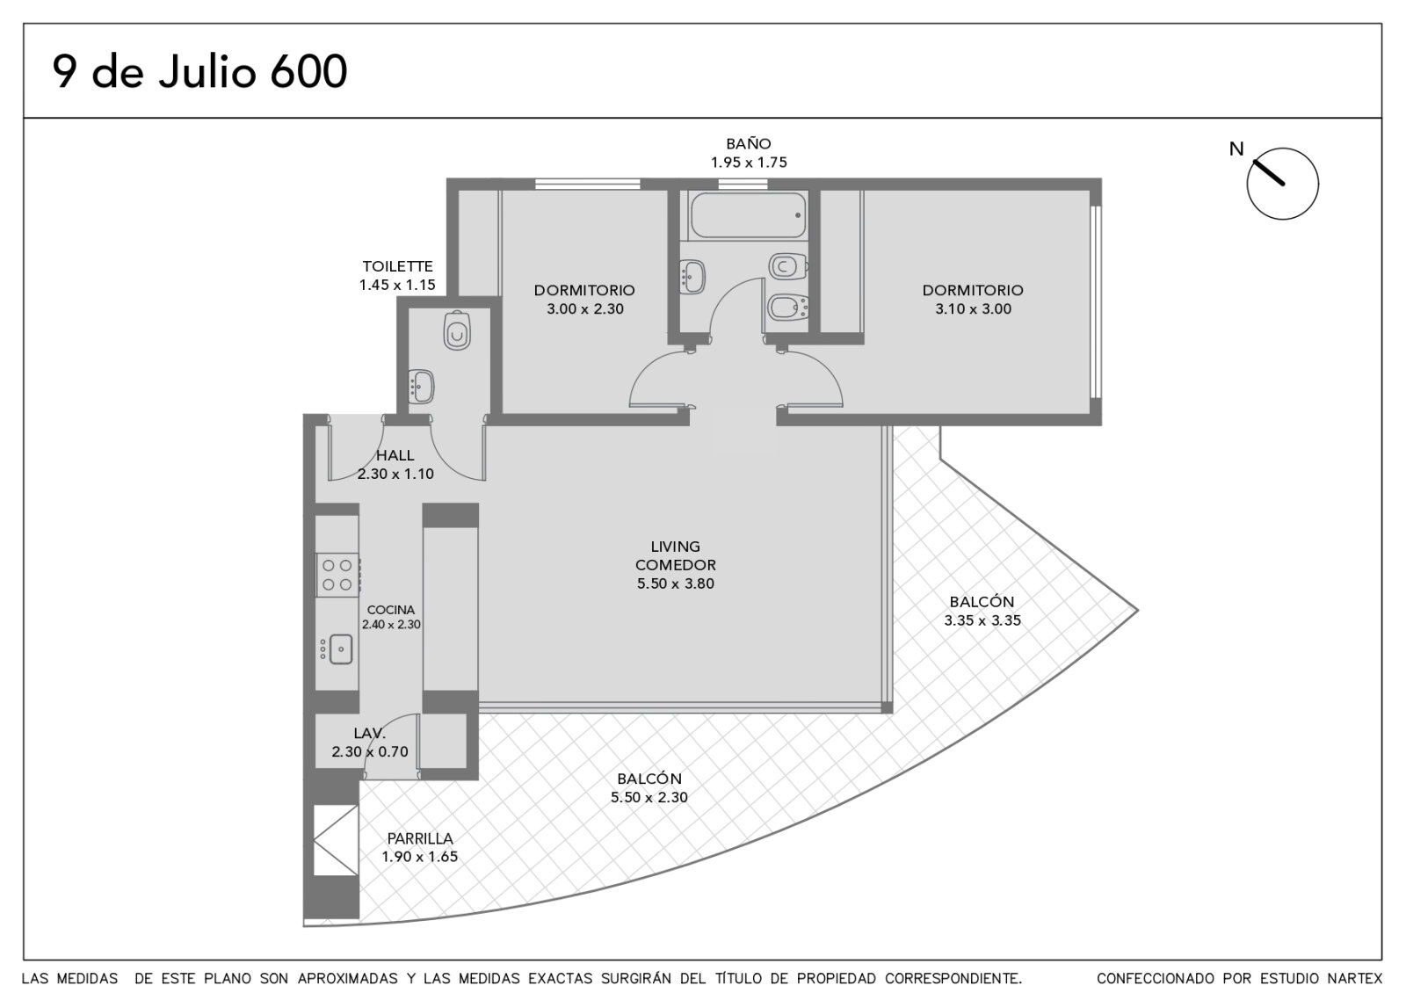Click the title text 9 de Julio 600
coord(199,71)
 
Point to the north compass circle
coord(1282,184)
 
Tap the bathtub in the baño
coord(747,215)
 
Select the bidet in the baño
coord(787,308)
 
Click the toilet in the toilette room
coord(457,330)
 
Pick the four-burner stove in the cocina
coord(337,575)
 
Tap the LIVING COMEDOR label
coord(676,555)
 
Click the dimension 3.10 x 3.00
coord(973,308)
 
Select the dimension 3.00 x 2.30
coord(585,308)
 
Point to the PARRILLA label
coord(420,838)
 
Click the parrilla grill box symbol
coord(336,840)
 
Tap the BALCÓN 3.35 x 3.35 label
coord(982,611)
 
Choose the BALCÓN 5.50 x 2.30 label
coord(649,787)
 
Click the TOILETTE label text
coord(397,266)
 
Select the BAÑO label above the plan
coord(748,144)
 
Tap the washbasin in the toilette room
coord(421,386)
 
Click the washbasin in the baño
coord(693,277)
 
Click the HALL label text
coord(395,455)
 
